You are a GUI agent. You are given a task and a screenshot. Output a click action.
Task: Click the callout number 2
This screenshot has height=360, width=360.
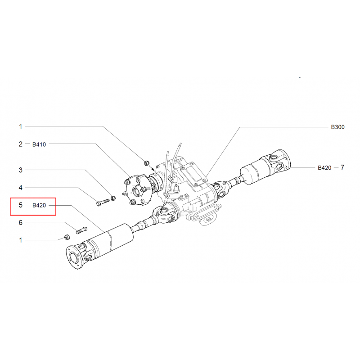pyautogui.click(x=21, y=144)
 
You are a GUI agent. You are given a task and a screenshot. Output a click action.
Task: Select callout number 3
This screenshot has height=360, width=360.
pyautogui.click(x=21, y=170)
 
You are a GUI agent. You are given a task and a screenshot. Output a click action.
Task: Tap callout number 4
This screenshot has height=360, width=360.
pyautogui.click(x=21, y=188)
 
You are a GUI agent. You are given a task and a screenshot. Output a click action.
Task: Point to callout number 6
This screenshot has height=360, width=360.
pyautogui.click(x=21, y=222)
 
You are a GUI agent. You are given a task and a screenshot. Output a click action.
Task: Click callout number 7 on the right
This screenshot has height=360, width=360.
pyautogui.click(x=342, y=167)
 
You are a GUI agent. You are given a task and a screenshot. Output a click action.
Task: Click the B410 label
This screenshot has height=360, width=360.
pyautogui.click(x=39, y=144)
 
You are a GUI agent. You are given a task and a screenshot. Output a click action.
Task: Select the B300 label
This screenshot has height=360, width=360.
pyautogui.click(x=338, y=127)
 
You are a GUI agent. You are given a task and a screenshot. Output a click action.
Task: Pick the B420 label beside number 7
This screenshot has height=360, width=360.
pyautogui.click(x=324, y=167)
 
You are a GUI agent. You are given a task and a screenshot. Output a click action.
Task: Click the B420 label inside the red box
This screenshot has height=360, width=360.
pyautogui.click(x=39, y=205)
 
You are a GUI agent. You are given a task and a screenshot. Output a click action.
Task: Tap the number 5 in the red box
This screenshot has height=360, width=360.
pyautogui.click(x=21, y=205)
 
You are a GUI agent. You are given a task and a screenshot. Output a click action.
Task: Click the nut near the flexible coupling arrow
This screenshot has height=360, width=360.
pyautogui.click(x=146, y=163)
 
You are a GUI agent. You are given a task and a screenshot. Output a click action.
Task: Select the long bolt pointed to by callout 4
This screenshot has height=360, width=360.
pyautogui.click(x=103, y=202)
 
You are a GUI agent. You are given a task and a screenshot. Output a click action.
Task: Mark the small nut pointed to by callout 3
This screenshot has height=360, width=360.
pyautogui.click(x=113, y=198)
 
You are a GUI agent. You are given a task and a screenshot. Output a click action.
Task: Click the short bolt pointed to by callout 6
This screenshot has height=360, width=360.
pyautogui.click(x=81, y=230)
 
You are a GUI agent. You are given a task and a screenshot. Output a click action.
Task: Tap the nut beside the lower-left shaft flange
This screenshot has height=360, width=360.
pyautogui.click(x=67, y=237)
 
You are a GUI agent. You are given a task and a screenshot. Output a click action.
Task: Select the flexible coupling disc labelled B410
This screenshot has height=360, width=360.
pyautogui.click(x=137, y=190)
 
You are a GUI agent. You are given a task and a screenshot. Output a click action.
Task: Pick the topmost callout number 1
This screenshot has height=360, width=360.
pyautogui.click(x=21, y=126)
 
